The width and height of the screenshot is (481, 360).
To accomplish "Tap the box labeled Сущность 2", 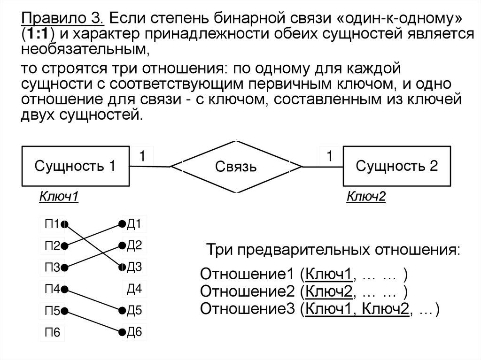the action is tap(397, 166).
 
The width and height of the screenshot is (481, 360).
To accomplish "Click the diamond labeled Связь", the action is tap(236, 167).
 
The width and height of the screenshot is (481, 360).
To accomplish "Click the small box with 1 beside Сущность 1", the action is tap(145, 156).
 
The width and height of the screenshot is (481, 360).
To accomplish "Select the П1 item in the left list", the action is tap(52, 224).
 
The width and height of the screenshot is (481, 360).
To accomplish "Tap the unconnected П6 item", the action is tap(52, 333).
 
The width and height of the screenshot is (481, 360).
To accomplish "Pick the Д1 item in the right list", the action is tap(134, 224).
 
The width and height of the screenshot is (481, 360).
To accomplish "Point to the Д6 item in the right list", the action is tap(134, 332).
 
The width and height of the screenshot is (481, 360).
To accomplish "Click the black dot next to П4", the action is tap(64, 289).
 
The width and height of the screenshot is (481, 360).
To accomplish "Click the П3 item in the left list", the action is tap(52, 268).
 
